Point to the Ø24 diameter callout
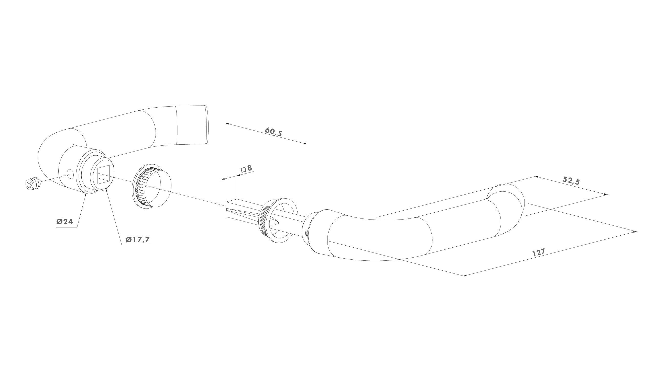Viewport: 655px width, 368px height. [65, 222]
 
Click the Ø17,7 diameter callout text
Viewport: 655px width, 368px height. [138, 240]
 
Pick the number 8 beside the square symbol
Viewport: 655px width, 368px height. [249, 168]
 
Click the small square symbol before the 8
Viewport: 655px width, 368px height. [244, 169]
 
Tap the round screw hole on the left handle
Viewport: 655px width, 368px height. [70, 174]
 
